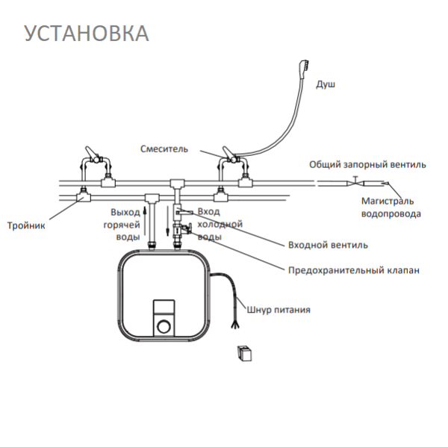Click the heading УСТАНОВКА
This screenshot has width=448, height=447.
point(87,34)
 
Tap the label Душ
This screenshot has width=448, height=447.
point(326,84)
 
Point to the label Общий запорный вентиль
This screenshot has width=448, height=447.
point(367,164)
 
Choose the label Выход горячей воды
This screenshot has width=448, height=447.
point(125,224)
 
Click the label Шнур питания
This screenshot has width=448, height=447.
point(281,309)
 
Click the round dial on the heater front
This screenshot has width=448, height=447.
point(163,326)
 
